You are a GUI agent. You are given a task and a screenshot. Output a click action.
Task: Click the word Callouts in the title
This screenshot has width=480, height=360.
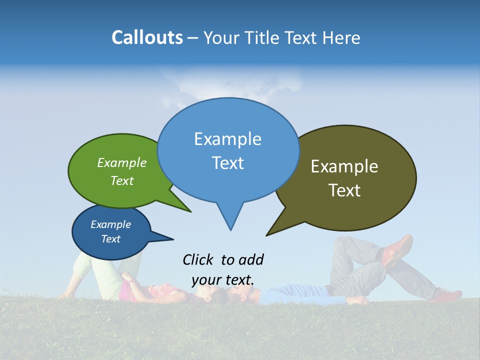(147, 37)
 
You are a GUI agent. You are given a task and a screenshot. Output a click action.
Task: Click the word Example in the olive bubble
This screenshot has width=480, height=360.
(344, 166)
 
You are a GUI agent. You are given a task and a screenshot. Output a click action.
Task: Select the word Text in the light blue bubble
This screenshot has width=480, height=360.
(228, 163)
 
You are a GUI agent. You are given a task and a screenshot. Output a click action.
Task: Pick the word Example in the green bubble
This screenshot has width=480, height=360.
(122, 162)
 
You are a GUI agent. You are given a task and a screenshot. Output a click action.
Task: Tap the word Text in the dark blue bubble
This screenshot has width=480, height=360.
(111, 239)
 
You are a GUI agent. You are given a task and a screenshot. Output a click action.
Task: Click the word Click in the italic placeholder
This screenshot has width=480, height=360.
(198, 259)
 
